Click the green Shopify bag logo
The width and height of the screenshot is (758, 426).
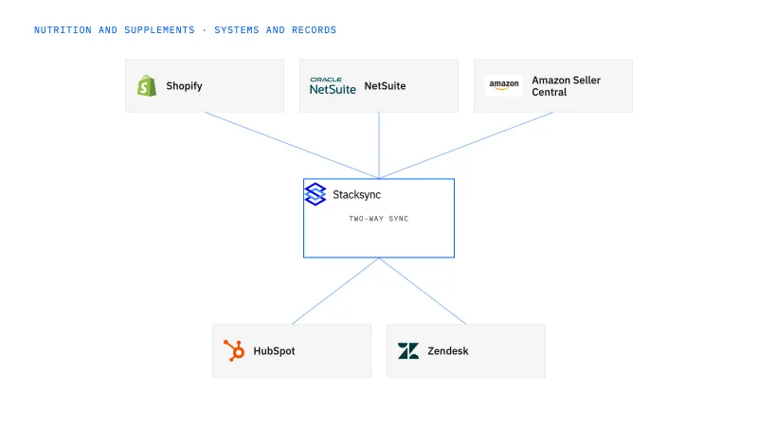pyautogui.click(x=147, y=86)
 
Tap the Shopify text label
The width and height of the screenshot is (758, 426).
pyautogui.click(x=184, y=86)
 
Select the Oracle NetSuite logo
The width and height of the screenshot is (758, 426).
pyautogui.click(x=333, y=85)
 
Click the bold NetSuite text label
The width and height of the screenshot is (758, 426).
pyautogui.click(x=385, y=86)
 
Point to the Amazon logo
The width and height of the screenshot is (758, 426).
pyautogui.click(x=504, y=85)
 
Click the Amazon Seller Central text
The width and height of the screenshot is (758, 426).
pyautogui.click(x=566, y=86)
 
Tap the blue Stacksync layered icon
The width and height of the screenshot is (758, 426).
pyautogui.click(x=316, y=194)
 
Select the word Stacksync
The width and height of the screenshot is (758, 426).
pyautogui.click(x=357, y=195)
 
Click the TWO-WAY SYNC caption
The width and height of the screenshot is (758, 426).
pyautogui.click(x=378, y=219)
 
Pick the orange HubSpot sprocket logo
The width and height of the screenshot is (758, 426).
pyautogui.click(x=234, y=350)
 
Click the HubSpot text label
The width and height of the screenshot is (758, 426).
pyautogui.click(x=274, y=351)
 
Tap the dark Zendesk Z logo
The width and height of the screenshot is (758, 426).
pyautogui.click(x=408, y=351)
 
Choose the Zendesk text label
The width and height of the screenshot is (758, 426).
pyautogui.click(x=448, y=351)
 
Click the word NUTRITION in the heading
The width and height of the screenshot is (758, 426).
pyautogui.click(x=63, y=30)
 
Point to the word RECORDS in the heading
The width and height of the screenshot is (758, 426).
pyautogui.click(x=314, y=30)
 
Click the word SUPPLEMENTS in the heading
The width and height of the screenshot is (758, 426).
pyautogui.click(x=159, y=30)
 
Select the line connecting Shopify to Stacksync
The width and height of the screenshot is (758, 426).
pyautogui.click(x=292, y=146)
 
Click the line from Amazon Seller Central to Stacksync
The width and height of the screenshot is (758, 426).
pyautogui.click(x=466, y=146)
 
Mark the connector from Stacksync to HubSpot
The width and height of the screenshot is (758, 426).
pyautogui.click(x=335, y=291)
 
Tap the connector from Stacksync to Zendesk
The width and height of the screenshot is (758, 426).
pyautogui.click(x=423, y=291)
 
